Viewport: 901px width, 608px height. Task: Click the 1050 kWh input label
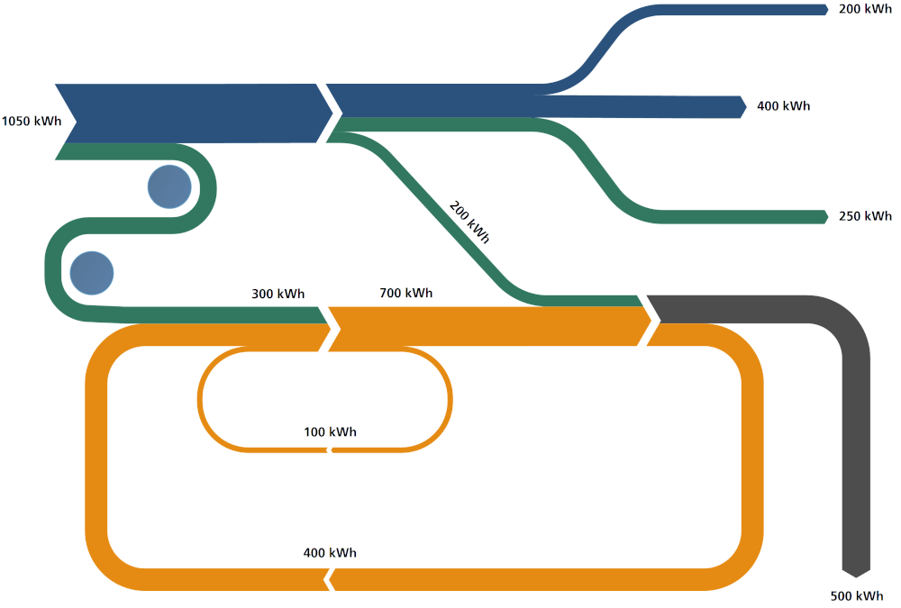[x=32, y=122]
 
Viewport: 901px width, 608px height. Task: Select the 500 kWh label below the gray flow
[x=856, y=596]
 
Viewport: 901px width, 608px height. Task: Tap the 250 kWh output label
[x=865, y=216]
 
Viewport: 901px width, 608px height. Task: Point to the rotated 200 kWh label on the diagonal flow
[x=469, y=222]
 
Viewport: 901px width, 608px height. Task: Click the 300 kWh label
[x=278, y=294]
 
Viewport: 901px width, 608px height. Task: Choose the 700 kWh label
[x=405, y=293]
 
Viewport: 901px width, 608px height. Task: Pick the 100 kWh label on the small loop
[x=330, y=431]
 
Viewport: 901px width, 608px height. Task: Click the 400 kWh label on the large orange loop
[x=330, y=552]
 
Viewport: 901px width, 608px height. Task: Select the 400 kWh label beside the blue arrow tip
[x=783, y=106]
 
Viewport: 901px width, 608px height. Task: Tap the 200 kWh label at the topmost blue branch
[x=865, y=9]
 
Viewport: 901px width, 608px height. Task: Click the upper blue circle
[x=169, y=186]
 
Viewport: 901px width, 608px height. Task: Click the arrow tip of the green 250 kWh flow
[x=824, y=216]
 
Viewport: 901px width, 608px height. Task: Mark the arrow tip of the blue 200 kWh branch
[x=824, y=9]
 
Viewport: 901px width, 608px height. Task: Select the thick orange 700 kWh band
[x=487, y=327]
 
